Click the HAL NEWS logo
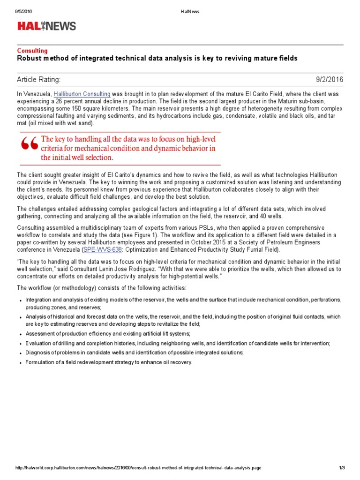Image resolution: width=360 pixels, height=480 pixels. pyautogui.click(x=46, y=26)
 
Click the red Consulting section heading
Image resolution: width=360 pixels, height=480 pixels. pyautogui.click(x=32, y=51)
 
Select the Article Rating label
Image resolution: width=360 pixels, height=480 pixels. pyautogui.click(x=39, y=80)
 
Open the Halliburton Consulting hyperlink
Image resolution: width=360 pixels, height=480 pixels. pyautogui.click(x=82, y=94)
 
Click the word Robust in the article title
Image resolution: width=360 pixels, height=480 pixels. pyautogui.click(x=30, y=58)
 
